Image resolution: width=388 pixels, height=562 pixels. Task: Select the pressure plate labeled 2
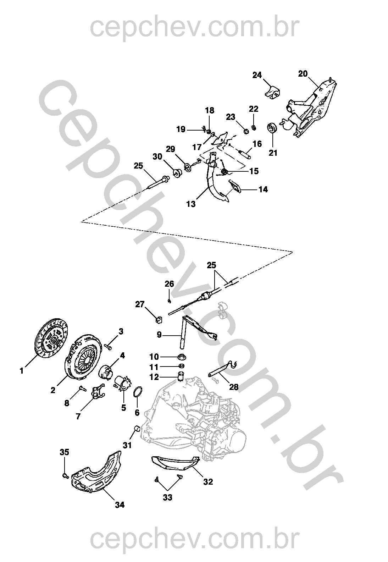coord(83,356)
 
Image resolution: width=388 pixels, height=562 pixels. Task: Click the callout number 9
coord(159,335)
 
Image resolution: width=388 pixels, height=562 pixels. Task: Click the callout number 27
coord(140,304)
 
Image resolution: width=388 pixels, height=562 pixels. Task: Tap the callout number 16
coord(257,144)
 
